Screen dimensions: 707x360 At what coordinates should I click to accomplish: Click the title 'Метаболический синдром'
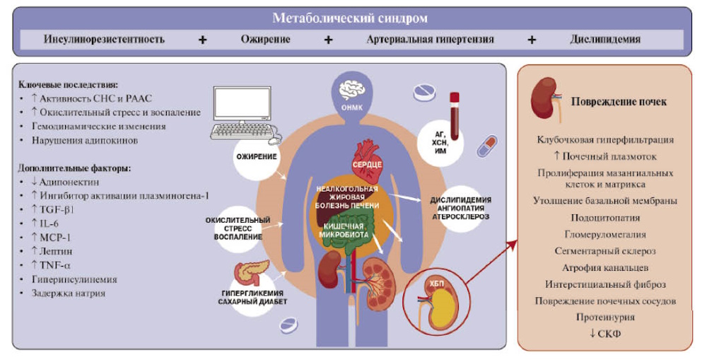(x=350, y=18)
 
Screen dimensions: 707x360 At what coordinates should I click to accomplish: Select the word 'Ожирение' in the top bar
(x=266, y=39)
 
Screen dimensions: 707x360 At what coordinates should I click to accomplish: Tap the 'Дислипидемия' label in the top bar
(x=605, y=39)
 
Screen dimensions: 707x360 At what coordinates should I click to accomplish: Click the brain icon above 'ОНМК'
(x=352, y=91)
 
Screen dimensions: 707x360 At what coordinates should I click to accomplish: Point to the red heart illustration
(x=366, y=156)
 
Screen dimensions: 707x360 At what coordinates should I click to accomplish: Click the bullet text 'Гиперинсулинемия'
(x=74, y=279)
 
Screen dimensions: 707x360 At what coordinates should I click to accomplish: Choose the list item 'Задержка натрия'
(x=69, y=294)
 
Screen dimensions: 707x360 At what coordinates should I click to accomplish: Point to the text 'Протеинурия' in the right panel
(x=605, y=317)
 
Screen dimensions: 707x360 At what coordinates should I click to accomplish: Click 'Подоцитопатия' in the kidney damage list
(x=605, y=218)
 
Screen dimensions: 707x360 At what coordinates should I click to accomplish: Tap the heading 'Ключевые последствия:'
(x=68, y=84)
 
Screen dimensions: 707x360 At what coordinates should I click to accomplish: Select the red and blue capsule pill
(x=487, y=146)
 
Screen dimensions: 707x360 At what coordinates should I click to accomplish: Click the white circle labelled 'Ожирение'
(x=257, y=157)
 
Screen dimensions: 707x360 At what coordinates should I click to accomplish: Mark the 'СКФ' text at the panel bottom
(x=609, y=334)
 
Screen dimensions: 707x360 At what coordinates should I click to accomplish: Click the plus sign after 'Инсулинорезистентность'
(x=202, y=40)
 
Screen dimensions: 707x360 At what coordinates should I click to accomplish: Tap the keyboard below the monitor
(x=243, y=132)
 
